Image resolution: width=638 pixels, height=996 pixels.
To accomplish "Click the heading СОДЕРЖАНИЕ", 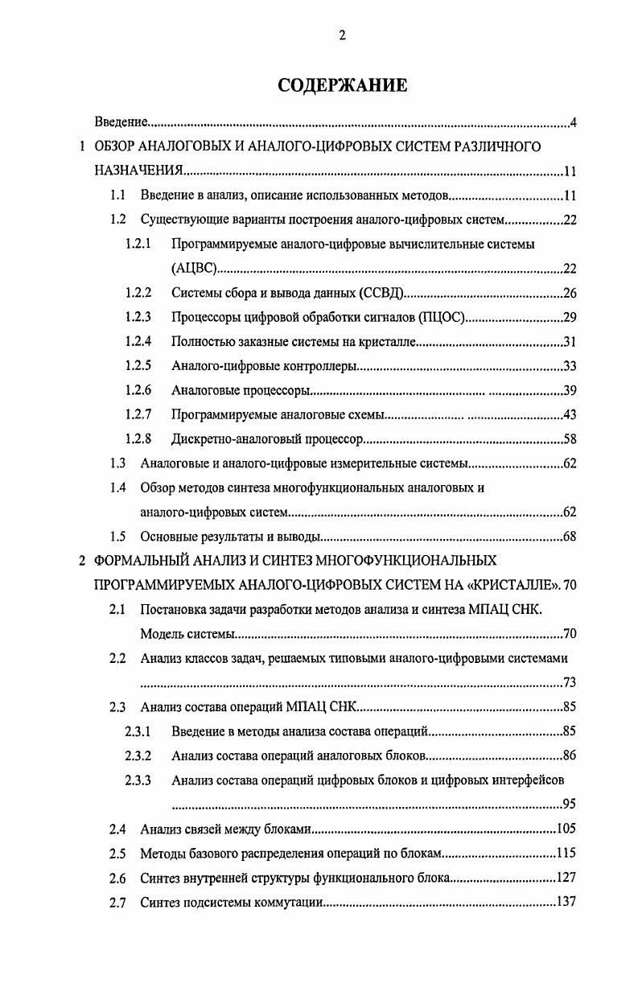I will (x=342, y=85).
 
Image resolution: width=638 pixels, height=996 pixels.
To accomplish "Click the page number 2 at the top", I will (x=342, y=35).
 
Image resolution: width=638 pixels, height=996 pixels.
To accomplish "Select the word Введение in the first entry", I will (x=121, y=122).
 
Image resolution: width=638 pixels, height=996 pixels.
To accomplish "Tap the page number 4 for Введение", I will (x=573, y=122).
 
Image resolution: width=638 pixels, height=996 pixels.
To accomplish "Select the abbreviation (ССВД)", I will (x=382, y=293).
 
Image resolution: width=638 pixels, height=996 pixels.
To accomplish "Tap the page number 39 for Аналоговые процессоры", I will (x=569, y=390).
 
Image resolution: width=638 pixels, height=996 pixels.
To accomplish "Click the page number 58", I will (x=569, y=439).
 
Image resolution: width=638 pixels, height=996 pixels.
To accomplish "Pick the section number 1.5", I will (x=118, y=537).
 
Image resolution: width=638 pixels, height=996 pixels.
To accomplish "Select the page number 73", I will (x=569, y=683).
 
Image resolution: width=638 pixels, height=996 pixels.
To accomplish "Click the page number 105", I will (x=566, y=829).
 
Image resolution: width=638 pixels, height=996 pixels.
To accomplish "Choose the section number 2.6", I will (x=118, y=878).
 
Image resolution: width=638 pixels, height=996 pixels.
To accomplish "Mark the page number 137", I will (x=566, y=902).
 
